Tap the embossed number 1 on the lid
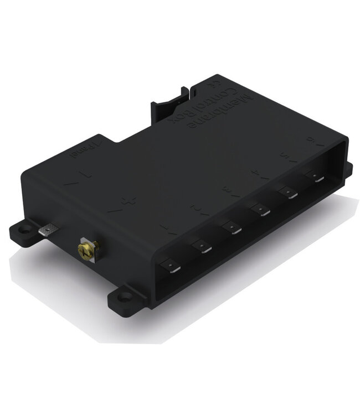point(165,228)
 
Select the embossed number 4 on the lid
point(254,174)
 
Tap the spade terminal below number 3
point(232,227)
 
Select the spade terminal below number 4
point(260,210)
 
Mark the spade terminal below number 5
point(289,193)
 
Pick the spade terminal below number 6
point(316,178)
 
